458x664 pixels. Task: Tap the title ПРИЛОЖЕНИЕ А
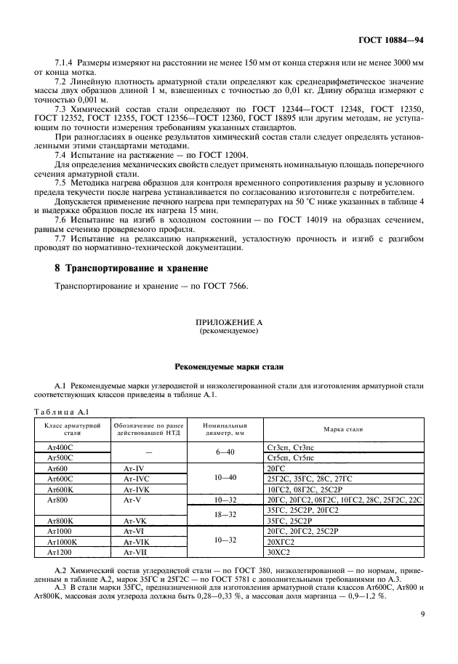228,321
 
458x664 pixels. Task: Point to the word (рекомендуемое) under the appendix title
228,330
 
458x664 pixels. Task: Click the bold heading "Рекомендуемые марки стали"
228,367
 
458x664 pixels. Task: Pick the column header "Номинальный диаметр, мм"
221,429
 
